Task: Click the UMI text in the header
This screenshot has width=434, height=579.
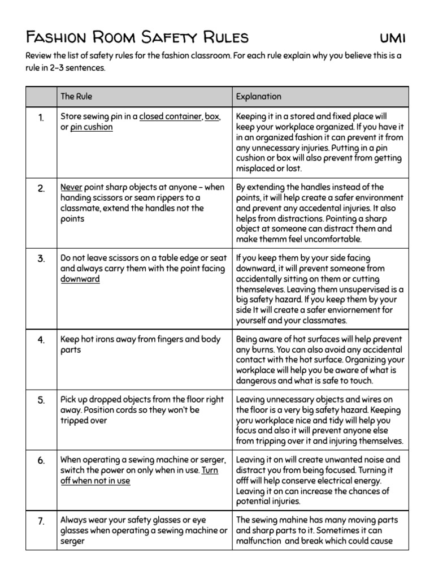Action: (x=392, y=38)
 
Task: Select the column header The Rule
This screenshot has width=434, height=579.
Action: (x=76, y=96)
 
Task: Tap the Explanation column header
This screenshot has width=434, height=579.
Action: (x=258, y=96)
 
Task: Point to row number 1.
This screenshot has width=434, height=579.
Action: (x=41, y=118)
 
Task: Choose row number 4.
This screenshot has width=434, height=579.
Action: (x=41, y=340)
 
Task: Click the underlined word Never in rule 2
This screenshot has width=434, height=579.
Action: (x=71, y=187)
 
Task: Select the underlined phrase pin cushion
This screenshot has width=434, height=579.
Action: (x=91, y=127)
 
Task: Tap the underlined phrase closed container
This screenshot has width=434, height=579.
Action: (x=170, y=117)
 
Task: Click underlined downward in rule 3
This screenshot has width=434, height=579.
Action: (x=80, y=279)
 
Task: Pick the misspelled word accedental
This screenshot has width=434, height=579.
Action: (x=322, y=208)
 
